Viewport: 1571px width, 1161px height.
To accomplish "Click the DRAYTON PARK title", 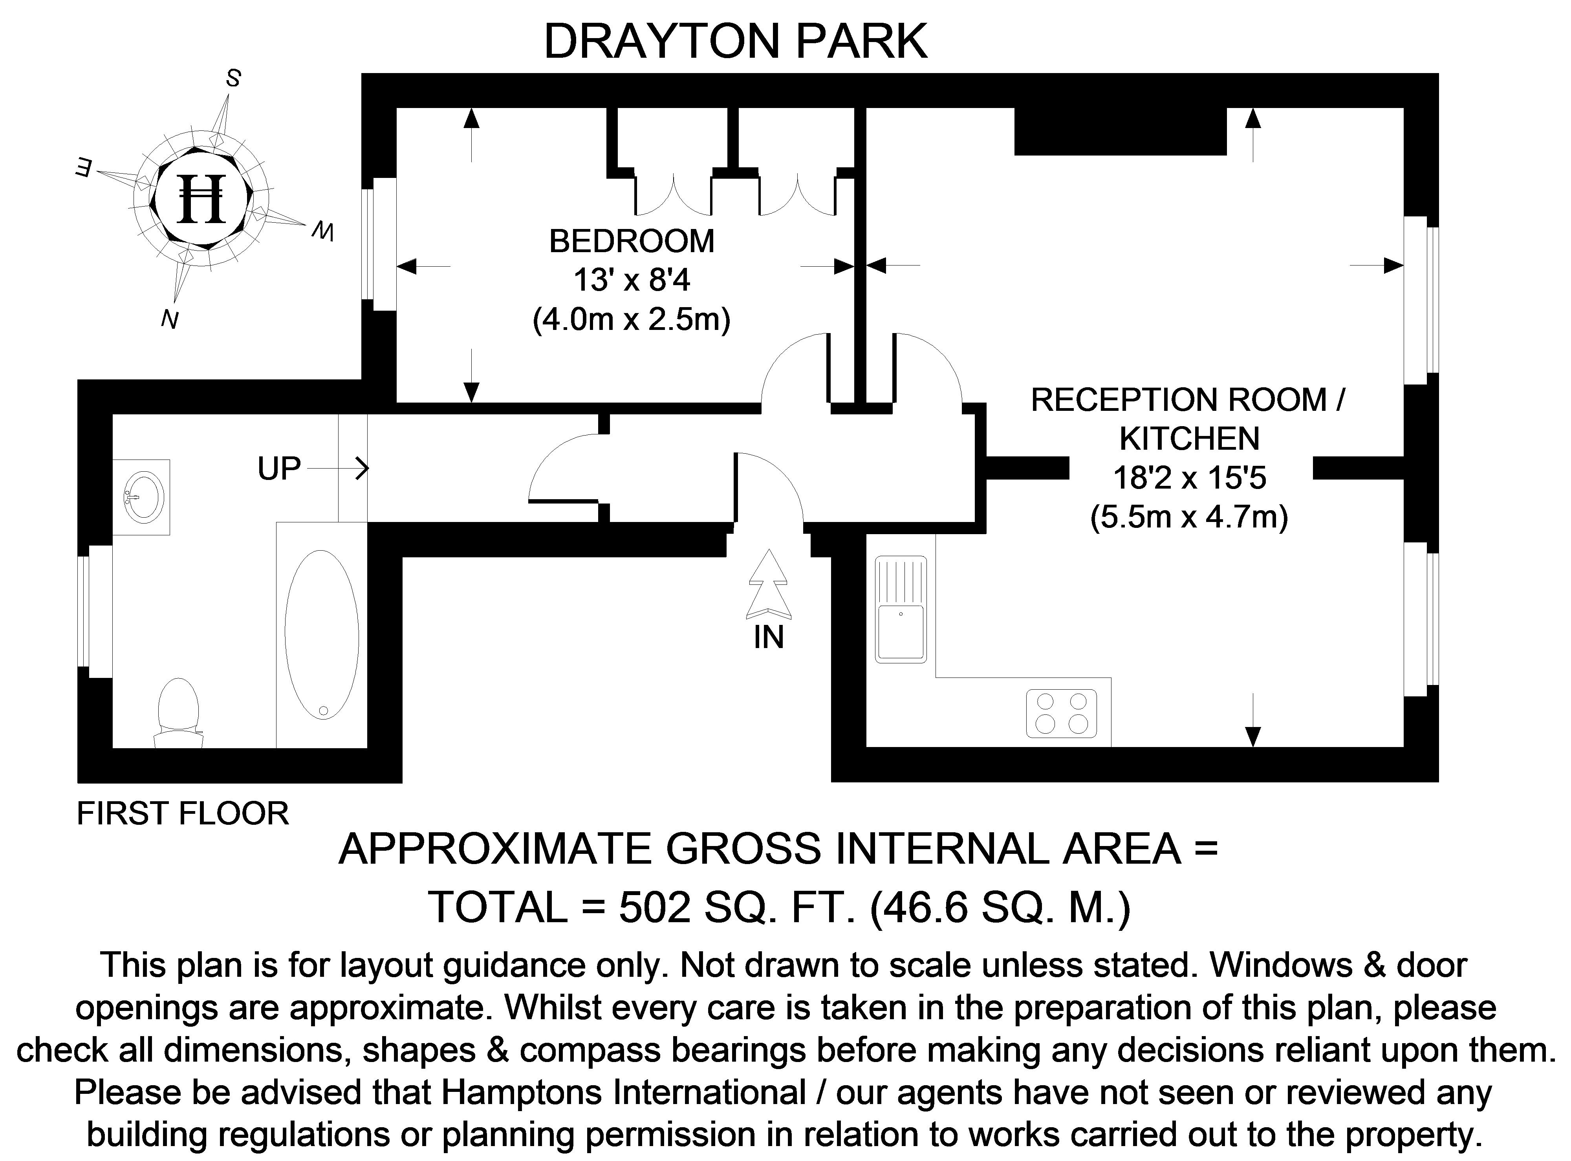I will point(735,42).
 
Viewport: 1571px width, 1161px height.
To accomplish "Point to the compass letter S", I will point(233,79).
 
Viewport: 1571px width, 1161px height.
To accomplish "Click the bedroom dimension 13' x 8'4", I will point(631,280).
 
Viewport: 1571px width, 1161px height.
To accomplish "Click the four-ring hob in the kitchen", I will point(1061,712).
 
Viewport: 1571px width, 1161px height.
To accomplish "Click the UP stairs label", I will point(279,469).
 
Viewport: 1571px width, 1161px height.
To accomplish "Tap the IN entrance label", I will point(768,637).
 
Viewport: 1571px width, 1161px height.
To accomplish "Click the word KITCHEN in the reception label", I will point(1189,439).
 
